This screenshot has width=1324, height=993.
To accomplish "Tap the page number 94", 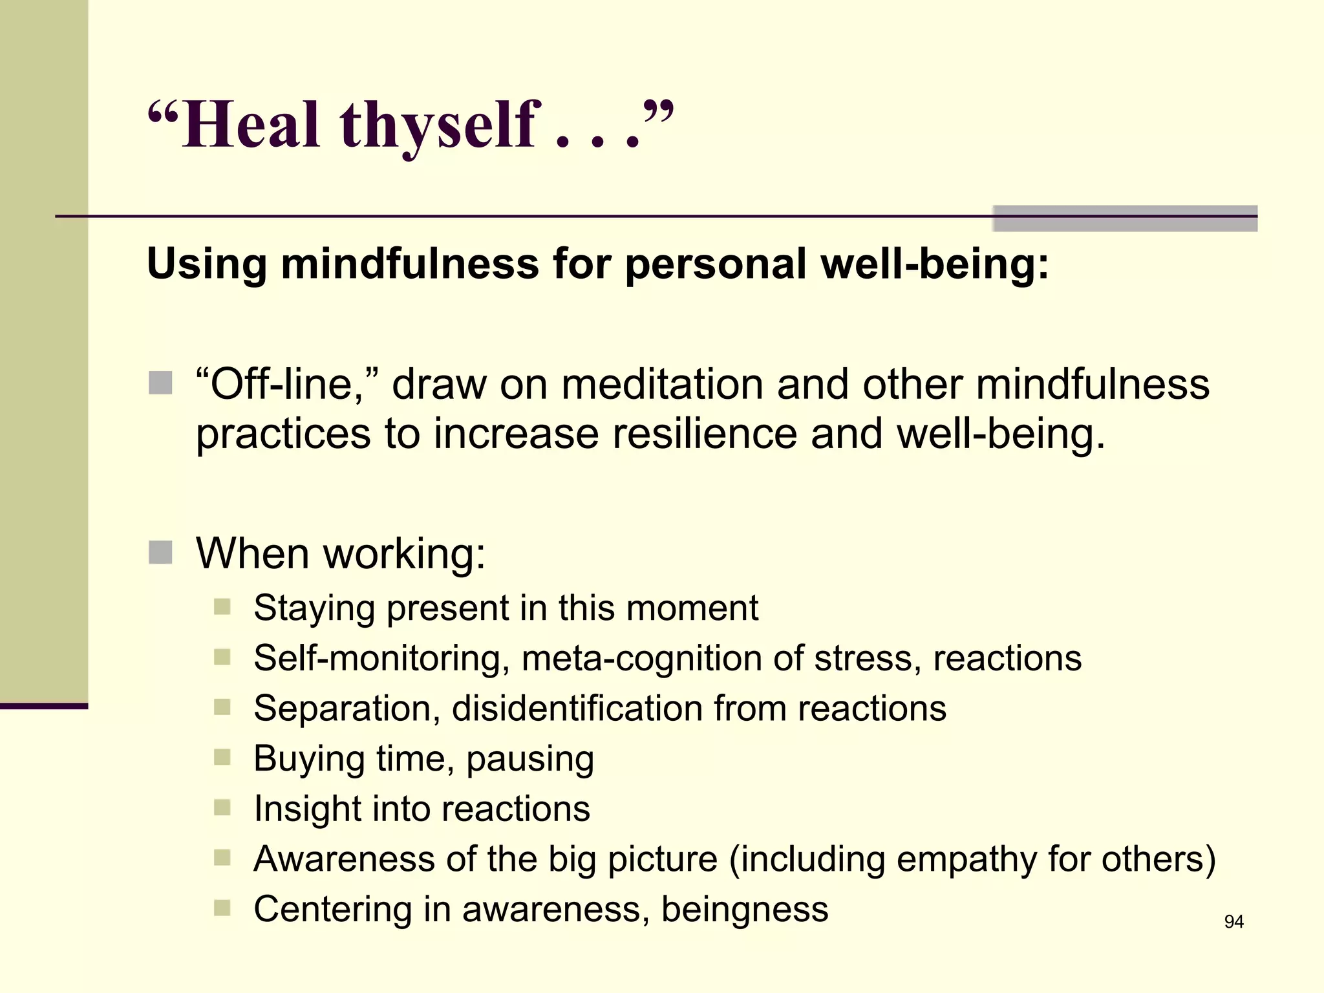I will coord(1233,922).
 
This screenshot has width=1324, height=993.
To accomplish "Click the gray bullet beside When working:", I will coord(160,553).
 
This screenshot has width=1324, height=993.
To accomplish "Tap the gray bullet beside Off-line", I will coord(160,383).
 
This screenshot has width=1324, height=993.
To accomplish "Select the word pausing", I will coord(530,758).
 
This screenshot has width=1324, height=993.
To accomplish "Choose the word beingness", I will coord(745,909).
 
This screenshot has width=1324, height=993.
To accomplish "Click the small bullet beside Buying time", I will coord(222,757).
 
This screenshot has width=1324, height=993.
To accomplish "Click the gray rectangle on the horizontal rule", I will coord(1125,218).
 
